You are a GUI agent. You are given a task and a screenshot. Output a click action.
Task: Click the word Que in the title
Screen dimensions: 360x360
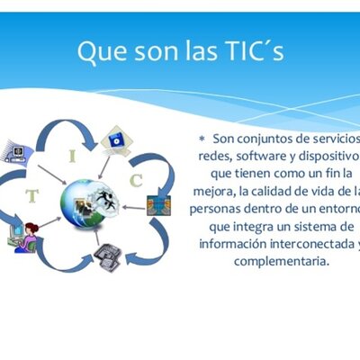point(98,52)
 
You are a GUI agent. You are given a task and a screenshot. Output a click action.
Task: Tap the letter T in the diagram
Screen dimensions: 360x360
point(32,194)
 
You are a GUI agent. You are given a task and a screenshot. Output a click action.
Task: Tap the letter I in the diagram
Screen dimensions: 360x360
point(72,156)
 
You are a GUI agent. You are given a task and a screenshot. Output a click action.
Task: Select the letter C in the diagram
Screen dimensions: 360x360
point(135,180)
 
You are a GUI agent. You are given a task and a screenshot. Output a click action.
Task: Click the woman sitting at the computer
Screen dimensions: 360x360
point(26,235)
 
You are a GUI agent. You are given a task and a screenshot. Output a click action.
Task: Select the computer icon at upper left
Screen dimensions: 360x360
point(15,148)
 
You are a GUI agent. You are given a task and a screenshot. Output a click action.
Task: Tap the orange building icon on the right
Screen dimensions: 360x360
point(158,204)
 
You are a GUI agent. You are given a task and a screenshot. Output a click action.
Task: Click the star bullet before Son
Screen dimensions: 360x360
point(202,139)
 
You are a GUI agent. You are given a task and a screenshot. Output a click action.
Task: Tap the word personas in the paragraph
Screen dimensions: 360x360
point(219,207)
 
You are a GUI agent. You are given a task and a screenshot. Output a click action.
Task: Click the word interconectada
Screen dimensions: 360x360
point(301,243)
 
